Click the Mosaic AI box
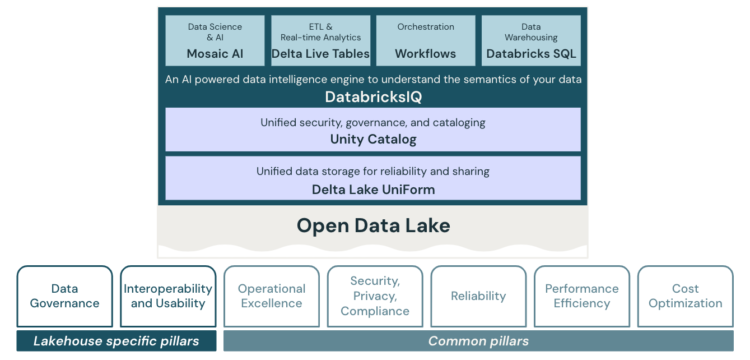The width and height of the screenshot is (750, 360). tap(214, 40)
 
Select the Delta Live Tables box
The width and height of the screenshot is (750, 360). tap(320, 40)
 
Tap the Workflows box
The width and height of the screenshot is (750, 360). tap(425, 40)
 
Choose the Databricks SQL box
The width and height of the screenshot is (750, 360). tap(531, 40)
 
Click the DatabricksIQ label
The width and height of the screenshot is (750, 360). tap(372, 97)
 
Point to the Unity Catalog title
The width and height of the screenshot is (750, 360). tap(372, 139)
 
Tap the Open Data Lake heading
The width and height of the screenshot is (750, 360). tap(372, 226)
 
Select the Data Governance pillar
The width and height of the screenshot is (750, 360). tap(65, 296)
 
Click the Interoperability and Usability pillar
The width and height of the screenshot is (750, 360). tap(168, 296)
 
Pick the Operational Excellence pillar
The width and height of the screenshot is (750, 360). tap(271, 296)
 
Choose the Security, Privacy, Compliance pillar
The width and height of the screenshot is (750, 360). tap(374, 296)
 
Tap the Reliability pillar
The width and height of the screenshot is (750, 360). tap(477, 296)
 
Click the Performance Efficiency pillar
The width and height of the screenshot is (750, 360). tap(581, 296)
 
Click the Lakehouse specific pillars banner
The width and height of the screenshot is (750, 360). tap(116, 341)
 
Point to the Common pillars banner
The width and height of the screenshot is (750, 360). tap(477, 341)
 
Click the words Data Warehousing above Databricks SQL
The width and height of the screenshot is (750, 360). tap(531, 32)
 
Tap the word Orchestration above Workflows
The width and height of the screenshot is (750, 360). tap(425, 27)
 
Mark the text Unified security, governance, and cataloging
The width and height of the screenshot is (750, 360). tap(372, 123)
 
